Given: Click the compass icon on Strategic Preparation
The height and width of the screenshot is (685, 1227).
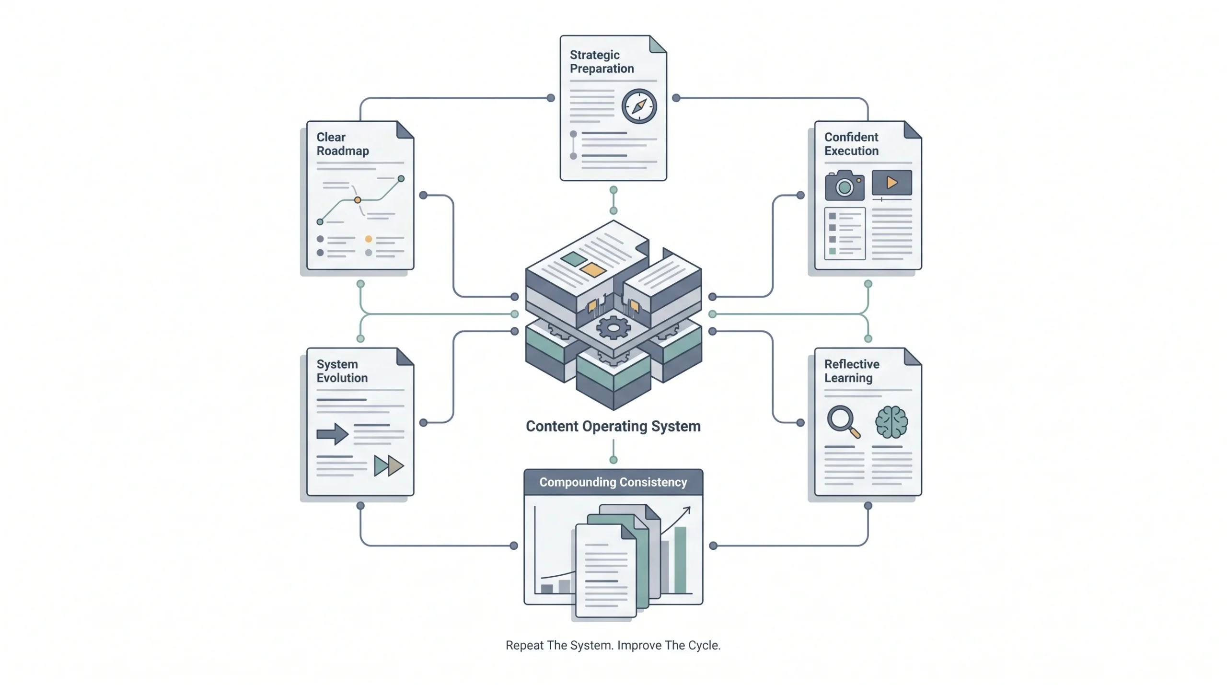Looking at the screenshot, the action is [639, 106].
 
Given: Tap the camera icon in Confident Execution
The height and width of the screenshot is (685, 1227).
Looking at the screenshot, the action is [845, 186].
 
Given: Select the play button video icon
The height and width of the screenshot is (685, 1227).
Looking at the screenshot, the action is [892, 183].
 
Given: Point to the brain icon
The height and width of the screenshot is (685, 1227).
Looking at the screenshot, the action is [891, 422].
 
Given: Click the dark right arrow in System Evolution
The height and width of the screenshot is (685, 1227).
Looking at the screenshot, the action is [333, 434].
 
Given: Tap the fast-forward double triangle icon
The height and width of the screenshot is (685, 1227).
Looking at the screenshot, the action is [389, 465].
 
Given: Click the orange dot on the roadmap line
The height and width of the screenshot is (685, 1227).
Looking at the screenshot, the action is [358, 200].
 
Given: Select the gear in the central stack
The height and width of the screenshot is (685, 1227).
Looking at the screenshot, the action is [613, 328].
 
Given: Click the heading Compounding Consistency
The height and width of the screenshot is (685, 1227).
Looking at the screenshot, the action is [613, 482].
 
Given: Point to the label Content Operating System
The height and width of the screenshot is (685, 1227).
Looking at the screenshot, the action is [613, 426].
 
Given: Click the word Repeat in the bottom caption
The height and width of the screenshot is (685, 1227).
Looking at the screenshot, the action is [525, 645].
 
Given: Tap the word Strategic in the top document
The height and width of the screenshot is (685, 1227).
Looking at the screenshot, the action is [594, 55].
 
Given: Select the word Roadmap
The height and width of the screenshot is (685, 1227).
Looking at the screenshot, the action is [343, 151].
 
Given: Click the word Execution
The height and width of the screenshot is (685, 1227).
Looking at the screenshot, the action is [851, 151].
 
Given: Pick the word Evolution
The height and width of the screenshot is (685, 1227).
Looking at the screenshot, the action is [342, 378].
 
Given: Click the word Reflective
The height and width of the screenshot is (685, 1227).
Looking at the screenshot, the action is [852, 364].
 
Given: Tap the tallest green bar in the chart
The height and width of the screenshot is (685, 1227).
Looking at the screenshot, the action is [681, 560].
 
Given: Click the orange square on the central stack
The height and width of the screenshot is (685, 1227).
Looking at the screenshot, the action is [593, 270].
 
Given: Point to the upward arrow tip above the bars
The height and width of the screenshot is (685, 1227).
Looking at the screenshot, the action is [690, 508].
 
